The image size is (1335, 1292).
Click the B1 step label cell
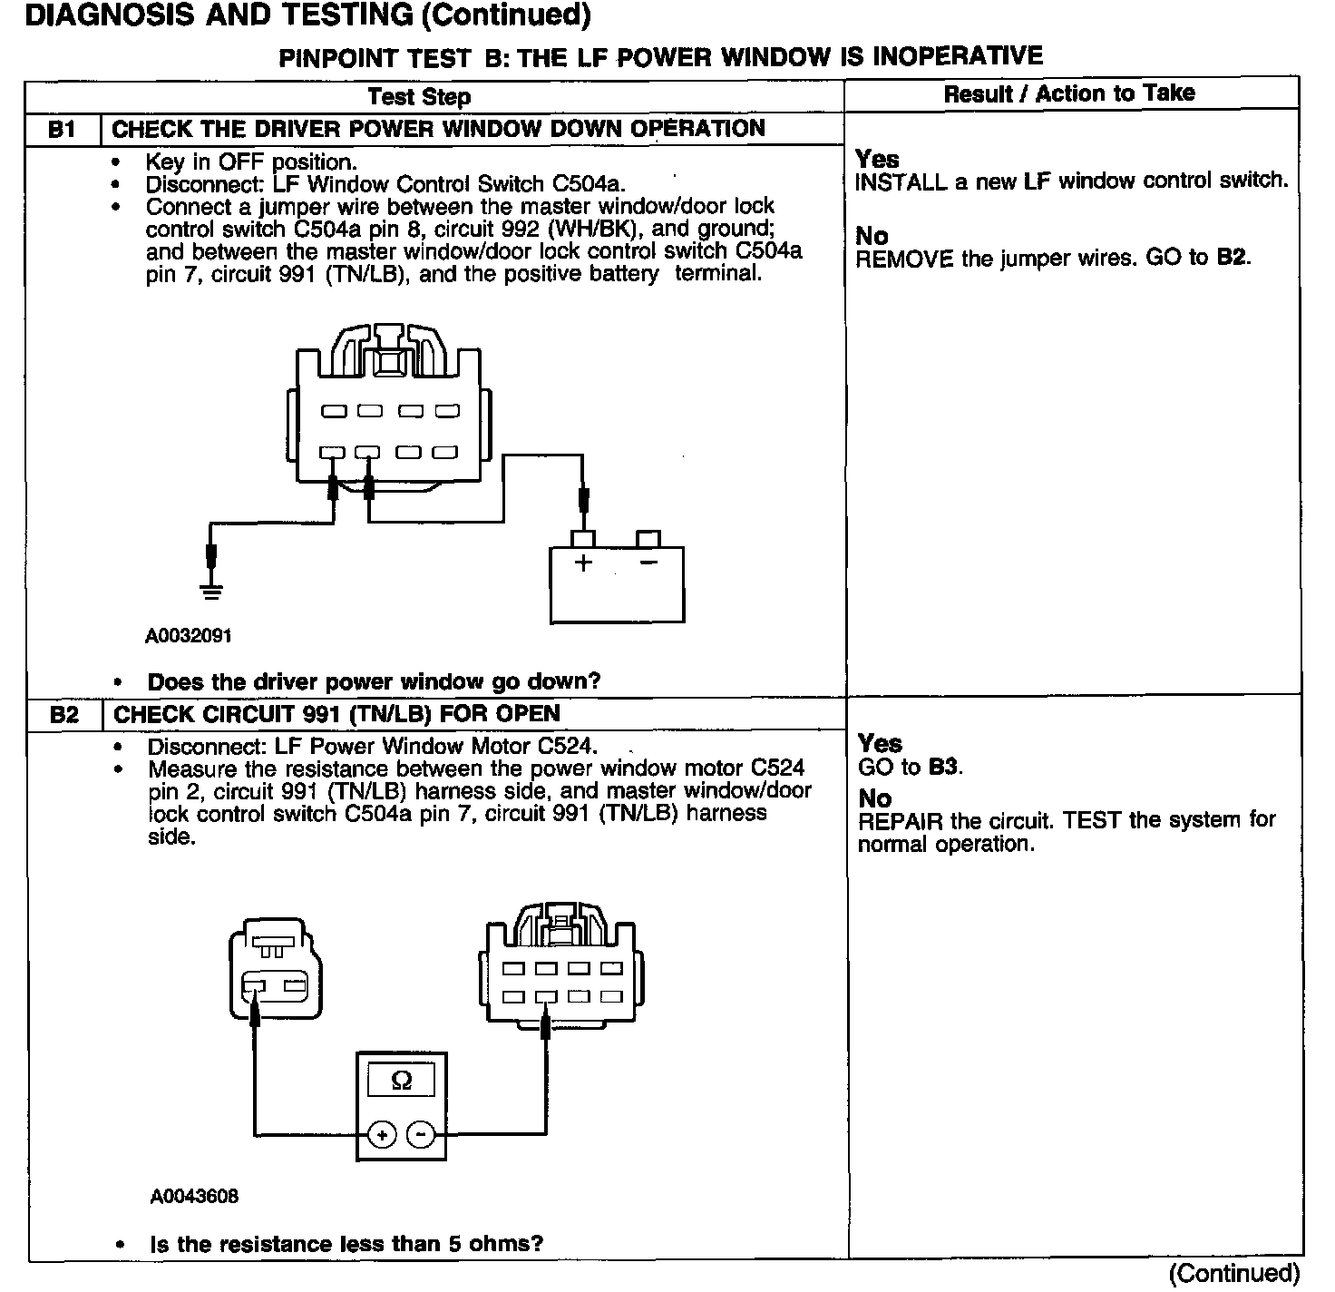[x=62, y=130]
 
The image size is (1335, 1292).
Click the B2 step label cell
[x=64, y=715]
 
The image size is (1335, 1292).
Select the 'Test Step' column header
[x=419, y=97]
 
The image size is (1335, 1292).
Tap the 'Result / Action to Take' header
[x=1069, y=93]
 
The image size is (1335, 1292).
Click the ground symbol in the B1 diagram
[x=211, y=592]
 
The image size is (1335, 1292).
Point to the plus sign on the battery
[x=583, y=563]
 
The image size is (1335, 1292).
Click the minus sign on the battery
[x=648, y=563]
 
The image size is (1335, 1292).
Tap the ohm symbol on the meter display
[x=401, y=1081]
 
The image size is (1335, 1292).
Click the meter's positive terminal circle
[x=382, y=1134]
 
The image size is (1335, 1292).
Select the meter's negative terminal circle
[x=420, y=1134]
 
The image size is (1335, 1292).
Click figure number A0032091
[x=189, y=636]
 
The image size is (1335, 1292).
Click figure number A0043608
[x=194, y=1197]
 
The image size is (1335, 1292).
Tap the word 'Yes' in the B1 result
[x=877, y=160]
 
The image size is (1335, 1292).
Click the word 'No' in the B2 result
[x=874, y=798]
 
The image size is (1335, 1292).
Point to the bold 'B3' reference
[x=943, y=768]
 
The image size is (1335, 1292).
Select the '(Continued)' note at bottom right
[x=1234, y=1274]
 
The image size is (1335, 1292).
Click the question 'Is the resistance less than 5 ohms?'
[x=346, y=1244]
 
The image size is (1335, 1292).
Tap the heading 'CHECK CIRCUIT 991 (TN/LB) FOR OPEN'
[x=336, y=714]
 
